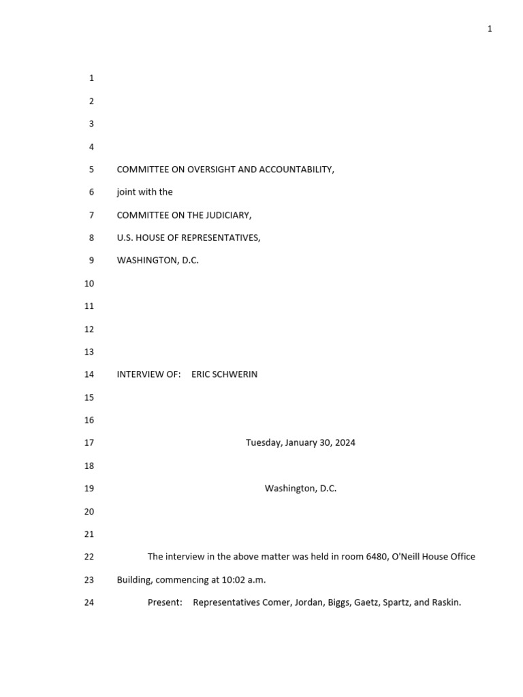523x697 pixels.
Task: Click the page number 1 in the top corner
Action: point(490,29)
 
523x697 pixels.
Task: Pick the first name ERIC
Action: point(202,374)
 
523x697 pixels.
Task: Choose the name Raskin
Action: point(446,602)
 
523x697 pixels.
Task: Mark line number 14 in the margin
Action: point(89,374)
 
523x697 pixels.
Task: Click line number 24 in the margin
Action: point(89,602)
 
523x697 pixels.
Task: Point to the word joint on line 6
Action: point(127,193)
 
